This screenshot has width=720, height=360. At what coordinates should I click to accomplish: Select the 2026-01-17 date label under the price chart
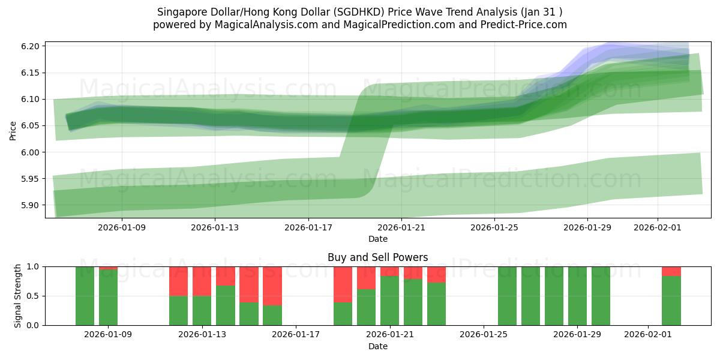pos(308,228)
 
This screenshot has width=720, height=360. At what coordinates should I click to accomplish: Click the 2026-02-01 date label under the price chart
pos(658,228)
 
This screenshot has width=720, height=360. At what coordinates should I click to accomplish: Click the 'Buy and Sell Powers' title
pos(377,257)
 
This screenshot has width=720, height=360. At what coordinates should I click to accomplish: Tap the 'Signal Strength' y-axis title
pos(18,296)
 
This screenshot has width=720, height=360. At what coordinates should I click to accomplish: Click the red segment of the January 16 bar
pos(272,286)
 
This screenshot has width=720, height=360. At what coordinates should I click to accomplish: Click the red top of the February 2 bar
pos(671,271)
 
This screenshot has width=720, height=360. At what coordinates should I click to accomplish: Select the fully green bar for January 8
pos(85,296)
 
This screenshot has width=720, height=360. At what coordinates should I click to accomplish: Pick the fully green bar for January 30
pos(601,296)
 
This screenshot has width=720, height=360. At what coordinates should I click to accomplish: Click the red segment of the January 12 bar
pos(178,281)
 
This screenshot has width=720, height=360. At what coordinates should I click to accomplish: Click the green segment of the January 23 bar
pos(437,304)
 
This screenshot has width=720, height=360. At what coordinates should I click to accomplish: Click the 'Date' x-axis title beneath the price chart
pos(377,239)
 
